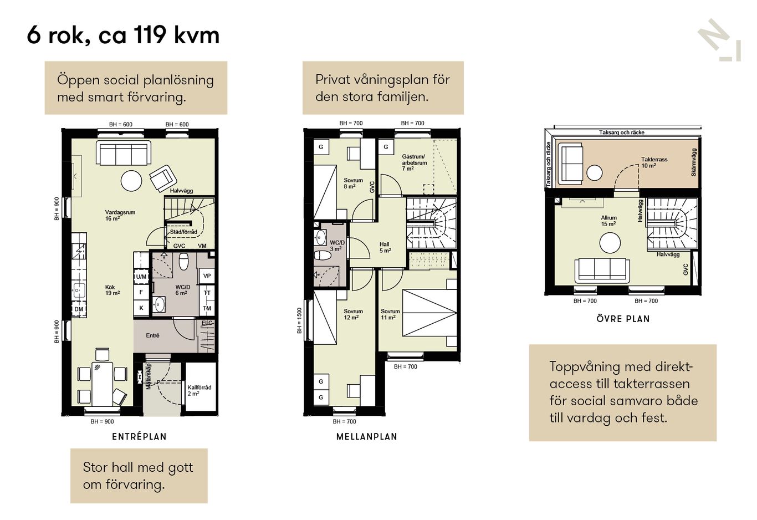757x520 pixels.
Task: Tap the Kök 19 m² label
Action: click(112, 290)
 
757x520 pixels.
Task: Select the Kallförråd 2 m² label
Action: click(200, 390)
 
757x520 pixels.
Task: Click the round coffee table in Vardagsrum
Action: click(131, 181)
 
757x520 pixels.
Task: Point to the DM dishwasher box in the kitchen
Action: click(78, 309)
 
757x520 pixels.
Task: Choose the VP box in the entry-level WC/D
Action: click(207, 276)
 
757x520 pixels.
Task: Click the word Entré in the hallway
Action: click(152, 335)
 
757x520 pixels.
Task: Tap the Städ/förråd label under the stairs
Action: click(183, 232)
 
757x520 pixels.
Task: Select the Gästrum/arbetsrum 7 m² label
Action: click(415, 162)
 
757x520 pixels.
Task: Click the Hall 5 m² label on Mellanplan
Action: click(385, 247)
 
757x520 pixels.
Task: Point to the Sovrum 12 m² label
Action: click(353, 314)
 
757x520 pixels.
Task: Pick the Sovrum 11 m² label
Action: click(390, 314)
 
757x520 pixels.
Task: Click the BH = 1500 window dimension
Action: click(299, 321)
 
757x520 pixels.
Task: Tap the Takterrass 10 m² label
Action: click(654, 162)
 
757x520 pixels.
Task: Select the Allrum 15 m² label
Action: click(608, 221)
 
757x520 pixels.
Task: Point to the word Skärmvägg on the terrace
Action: click(694, 162)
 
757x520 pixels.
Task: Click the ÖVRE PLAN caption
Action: click(623, 319)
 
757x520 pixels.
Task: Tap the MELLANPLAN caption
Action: click(367, 436)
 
